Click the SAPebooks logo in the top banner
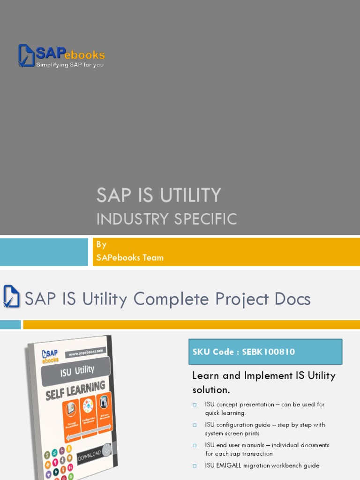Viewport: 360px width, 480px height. coord(61,56)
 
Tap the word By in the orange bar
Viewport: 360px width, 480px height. coord(101,245)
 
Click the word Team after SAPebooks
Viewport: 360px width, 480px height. coord(154,257)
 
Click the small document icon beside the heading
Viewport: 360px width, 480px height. coord(11,297)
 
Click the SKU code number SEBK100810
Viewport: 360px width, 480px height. coord(269,352)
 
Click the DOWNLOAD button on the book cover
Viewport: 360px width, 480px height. coord(89,455)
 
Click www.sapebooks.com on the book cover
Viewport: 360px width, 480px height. coord(87,352)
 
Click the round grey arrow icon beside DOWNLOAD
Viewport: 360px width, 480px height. coord(107,449)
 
